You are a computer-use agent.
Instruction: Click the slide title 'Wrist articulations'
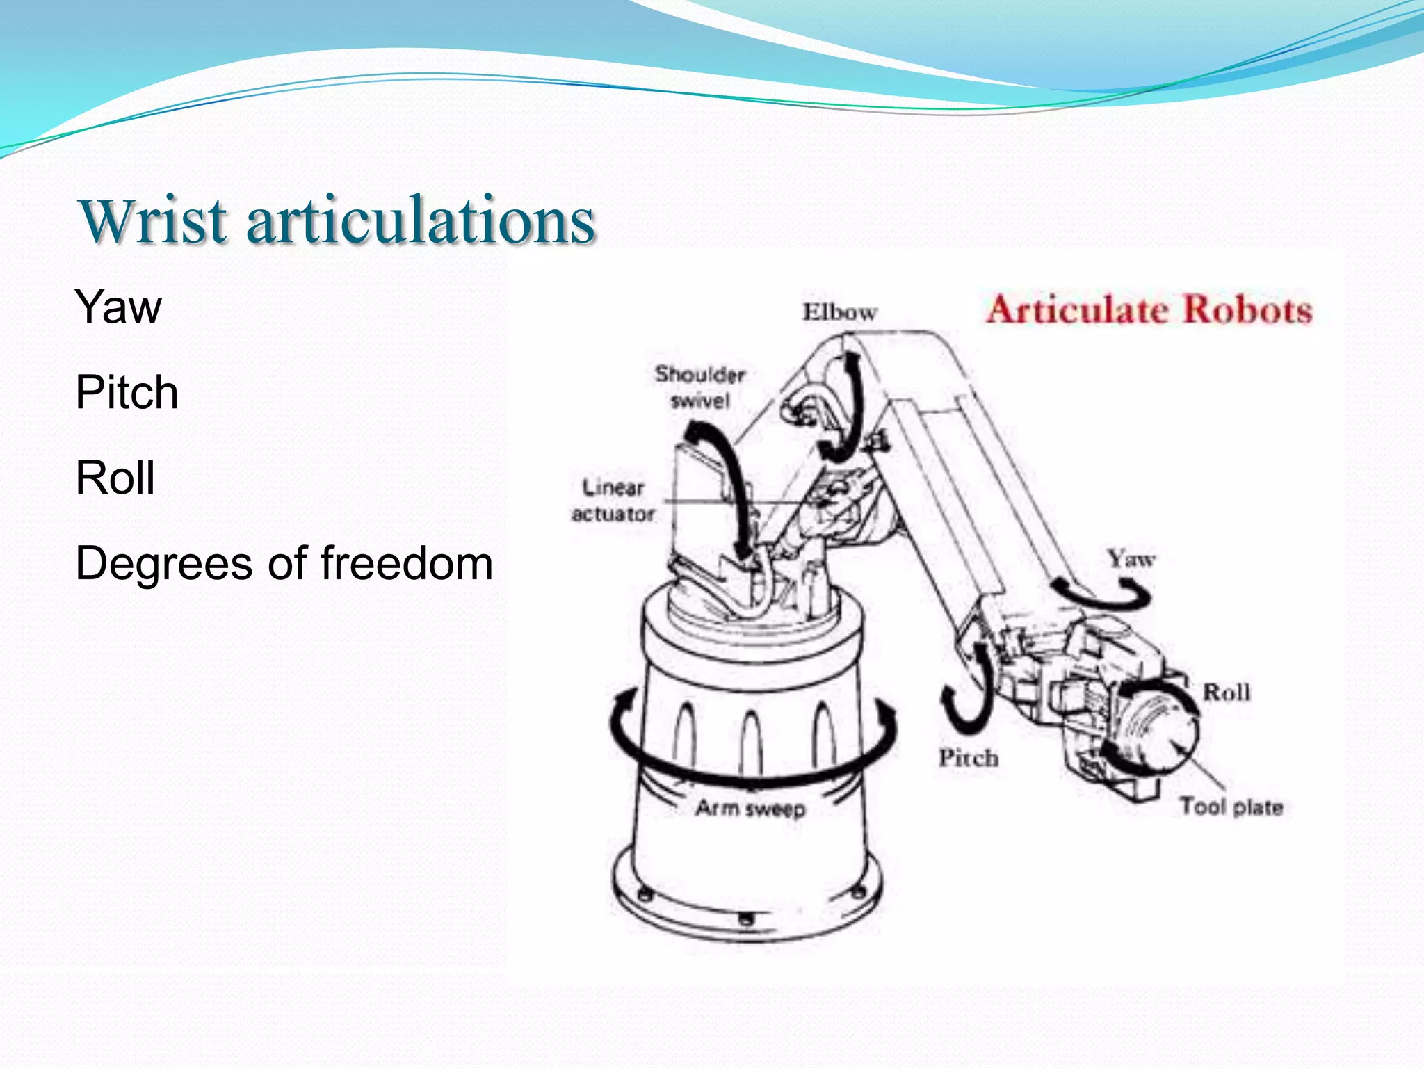[338, 220]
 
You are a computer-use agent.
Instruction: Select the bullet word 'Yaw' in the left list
[118, 307]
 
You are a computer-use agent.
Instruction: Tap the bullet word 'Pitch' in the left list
[127, 392]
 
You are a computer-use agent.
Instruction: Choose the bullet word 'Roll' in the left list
[115, 478]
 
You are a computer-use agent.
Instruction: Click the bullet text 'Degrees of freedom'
[284, 563]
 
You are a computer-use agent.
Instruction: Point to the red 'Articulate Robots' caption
[1149, 310]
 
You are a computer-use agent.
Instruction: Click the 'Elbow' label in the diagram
[839, 312]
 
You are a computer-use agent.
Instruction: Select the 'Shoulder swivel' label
[699, 387]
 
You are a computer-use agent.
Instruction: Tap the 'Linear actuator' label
[613, 501]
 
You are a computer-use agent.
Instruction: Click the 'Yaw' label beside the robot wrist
[1131, 558]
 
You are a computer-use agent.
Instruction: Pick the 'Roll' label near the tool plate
[1227, 693]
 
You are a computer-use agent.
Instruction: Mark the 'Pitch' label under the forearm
[969, 758]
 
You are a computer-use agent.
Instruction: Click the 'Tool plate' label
[1231, 807]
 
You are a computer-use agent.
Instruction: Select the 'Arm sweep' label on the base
[751, 809]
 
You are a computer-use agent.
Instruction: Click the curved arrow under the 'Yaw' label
[1106, 595]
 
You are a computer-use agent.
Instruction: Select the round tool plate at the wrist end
[1161, 730]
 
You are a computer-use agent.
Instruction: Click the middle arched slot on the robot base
[751, 741]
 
